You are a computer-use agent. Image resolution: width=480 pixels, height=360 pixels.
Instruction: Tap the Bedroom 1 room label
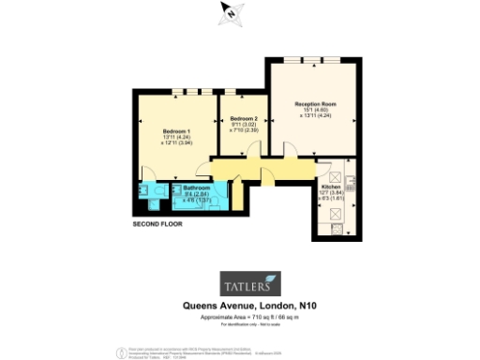(176, 129)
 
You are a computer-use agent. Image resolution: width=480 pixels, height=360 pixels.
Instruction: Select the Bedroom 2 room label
(242, 119)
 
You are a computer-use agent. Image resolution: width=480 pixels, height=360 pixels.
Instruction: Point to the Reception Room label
(315, 103)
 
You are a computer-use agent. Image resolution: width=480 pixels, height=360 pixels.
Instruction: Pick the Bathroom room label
(195, 187)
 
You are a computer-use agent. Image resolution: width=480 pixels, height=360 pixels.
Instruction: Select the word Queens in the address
(202, 306)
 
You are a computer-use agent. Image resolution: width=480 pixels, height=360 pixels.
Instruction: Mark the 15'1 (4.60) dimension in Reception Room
(315, 111)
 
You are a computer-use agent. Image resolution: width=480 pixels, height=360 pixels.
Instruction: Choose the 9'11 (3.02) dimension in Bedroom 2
(242, 126)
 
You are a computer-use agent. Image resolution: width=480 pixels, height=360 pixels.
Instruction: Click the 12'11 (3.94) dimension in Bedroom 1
(178, 143)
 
